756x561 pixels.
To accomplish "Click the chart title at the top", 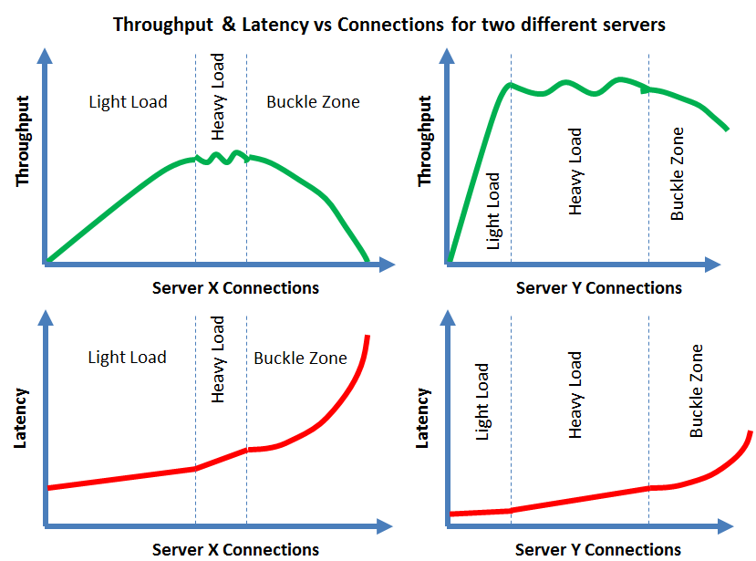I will (388, 25).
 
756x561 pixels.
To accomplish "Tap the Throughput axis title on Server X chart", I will (24, 140).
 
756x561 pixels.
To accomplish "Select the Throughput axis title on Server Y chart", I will (425, 140).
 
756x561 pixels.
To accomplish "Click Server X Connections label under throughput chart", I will (235, 288).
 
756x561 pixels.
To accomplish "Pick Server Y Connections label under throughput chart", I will (598, 288).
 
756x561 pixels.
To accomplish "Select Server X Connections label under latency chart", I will (235, 549).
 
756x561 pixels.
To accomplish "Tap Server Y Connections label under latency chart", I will (598, 549).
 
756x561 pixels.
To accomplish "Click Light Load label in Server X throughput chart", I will (128, 101).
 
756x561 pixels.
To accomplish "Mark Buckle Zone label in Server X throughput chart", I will (313, 101).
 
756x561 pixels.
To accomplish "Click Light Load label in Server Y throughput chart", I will (493, 211).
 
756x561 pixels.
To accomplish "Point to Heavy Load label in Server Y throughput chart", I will (575, 171).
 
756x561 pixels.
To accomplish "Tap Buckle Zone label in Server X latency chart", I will (300, 358).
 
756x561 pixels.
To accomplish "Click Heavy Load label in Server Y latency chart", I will (575, 395).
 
